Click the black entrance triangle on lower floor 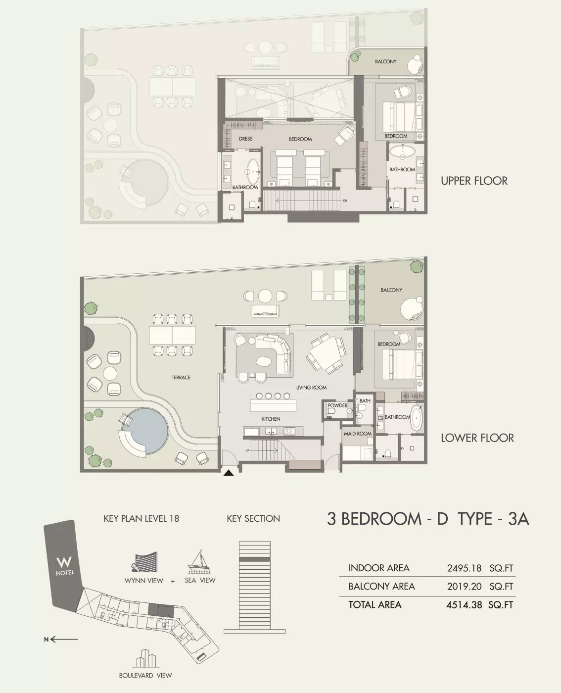[229, 473]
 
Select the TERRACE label [181, 377]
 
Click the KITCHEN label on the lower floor [271, 419]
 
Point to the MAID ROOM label [358, 434]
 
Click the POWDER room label [337, 405]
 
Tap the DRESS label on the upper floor [245, 139]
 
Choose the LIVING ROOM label [311, 388]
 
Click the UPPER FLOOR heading [474, 181]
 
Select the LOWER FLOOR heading [477, 438]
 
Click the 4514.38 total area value [464, 605]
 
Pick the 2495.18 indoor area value [464, 568]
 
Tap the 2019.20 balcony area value [464, 586]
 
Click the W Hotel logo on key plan [64, 566]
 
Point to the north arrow [61, 640]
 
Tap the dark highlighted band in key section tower [255, 559]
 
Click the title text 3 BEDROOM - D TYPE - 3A [428, 519]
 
